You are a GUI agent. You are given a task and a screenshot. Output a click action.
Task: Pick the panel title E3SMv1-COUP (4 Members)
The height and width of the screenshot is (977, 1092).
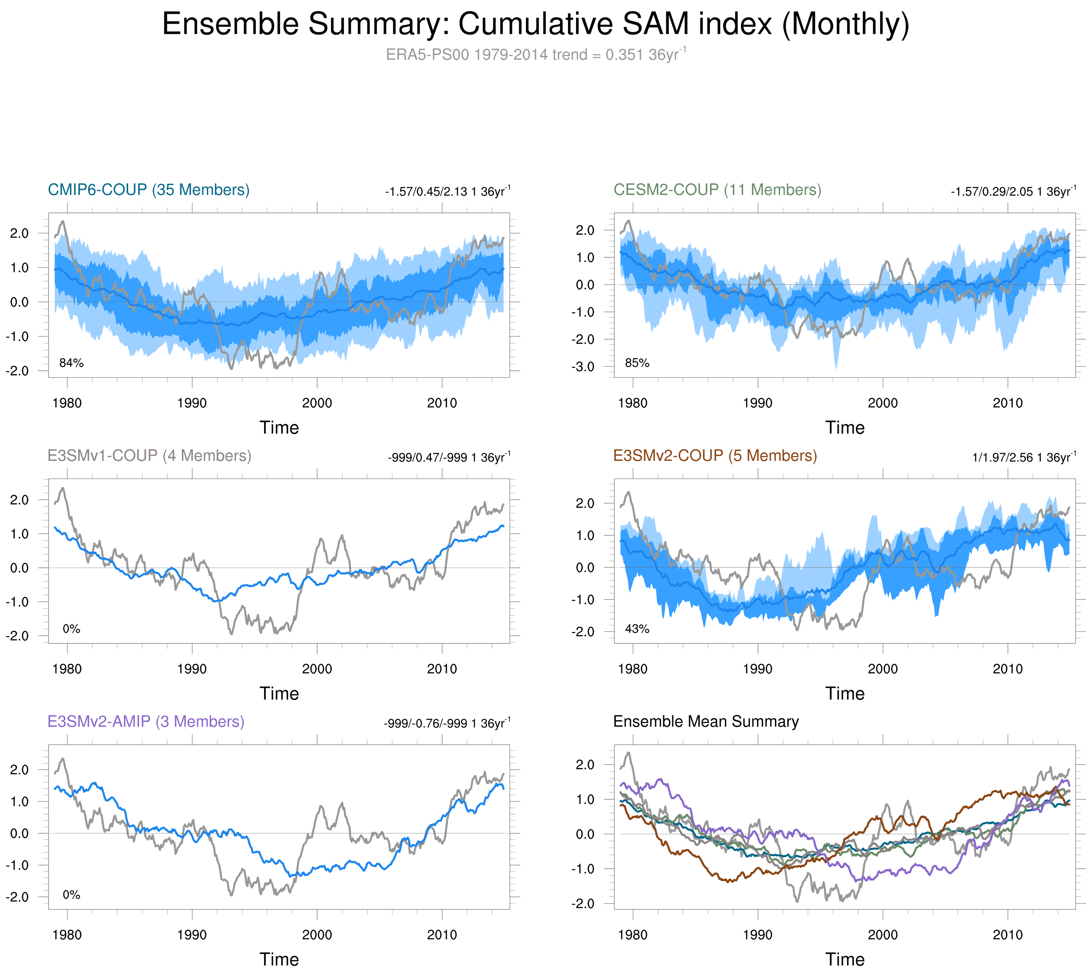pos(149,456)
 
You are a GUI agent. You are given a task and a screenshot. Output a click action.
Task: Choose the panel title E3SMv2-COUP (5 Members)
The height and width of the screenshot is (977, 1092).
pos(715,456)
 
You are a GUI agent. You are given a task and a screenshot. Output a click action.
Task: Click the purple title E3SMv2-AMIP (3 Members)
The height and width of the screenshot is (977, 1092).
pos(146,722)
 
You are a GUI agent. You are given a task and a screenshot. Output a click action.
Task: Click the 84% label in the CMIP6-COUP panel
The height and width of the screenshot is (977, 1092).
pos(71,363)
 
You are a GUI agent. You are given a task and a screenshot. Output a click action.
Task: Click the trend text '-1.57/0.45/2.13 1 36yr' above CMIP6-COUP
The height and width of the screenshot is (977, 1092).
pos(447,192)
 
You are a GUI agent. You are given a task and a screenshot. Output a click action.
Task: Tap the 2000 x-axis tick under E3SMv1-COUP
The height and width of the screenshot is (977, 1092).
pos(317,669)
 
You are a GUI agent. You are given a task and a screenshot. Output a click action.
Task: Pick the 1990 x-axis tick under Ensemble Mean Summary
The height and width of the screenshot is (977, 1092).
pos(757,934)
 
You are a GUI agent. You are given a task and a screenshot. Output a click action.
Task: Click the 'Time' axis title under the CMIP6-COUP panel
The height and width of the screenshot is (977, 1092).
pos(279,428)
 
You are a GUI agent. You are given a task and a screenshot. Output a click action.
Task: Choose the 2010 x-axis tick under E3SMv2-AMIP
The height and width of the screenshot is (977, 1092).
pos(442,934)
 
